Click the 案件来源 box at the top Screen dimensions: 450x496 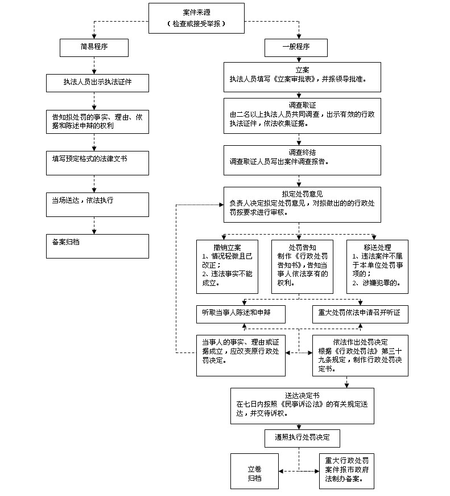point(196,18)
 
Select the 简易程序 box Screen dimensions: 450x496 point(94,48)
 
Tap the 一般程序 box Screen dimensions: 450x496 point(296,48)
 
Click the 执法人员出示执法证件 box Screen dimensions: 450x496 point(97,83)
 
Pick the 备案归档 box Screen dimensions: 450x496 point(97,246)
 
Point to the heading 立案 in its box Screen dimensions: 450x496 point(302,70)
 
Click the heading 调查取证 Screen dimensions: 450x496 point(302,105)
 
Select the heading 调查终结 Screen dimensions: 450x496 point(302,153)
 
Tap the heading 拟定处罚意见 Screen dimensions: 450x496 point(302,194)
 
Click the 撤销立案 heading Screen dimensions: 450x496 point(227,248)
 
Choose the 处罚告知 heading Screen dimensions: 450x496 point(302,248)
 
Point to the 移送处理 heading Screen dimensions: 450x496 point(377,248)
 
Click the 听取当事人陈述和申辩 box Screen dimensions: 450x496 point(241,314)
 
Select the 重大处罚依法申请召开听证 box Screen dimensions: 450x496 point(360,314)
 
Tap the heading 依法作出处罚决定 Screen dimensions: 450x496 point(360,342)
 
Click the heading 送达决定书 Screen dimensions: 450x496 point(302,395)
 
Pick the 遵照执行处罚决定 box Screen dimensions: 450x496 point(302,438)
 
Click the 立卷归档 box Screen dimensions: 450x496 point(254,471)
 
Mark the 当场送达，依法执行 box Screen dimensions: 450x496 point(97,204)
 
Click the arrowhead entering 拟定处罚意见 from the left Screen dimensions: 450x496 point(221,204)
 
